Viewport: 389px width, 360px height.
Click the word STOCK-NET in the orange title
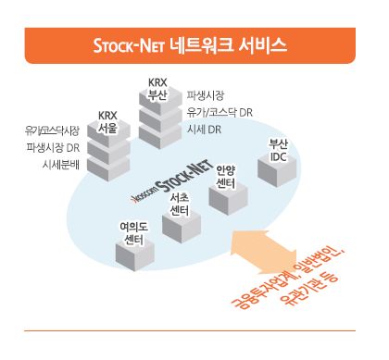click(x=136, y=44)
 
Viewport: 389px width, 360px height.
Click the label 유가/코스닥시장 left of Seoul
click(x=53, y=130)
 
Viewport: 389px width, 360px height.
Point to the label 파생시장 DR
click(x=53, y=147)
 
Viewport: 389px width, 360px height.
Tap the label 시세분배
click(x=61, y=164)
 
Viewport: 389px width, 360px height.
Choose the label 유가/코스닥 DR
click(x=220, y=112)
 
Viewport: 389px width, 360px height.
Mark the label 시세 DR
click(x=204, y=130)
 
